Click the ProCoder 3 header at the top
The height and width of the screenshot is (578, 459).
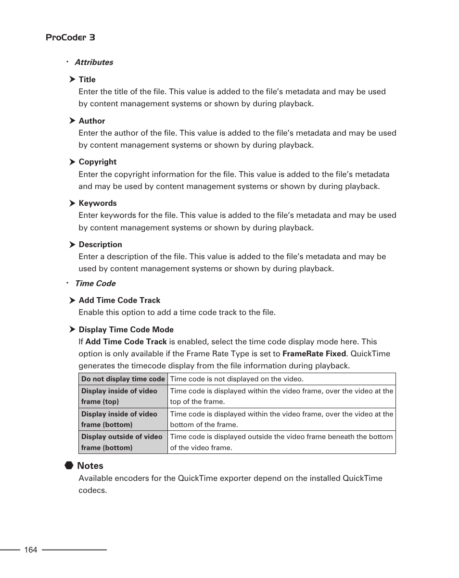(x=70, y=38)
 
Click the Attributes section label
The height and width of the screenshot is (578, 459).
(x=94, y=62)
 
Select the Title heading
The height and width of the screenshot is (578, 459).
(x=87, y=79)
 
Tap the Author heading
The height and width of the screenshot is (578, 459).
(x=91, y=121)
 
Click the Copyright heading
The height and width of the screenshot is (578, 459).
(x=97, y=162)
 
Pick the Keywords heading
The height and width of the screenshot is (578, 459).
(x=97, y=203)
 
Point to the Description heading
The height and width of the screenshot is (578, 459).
(x=100, y=244)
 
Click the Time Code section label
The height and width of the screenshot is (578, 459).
(x=95, y=283)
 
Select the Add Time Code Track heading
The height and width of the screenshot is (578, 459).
(x=119, y=300)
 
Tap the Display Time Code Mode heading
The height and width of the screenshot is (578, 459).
(x=126, y=329)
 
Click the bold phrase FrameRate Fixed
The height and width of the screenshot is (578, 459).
(x=314, y=353)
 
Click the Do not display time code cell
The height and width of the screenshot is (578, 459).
(x=123, y=379)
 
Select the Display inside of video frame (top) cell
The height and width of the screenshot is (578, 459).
(x=123, y=396)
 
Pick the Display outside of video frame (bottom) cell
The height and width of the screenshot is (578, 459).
(x=123, y=442)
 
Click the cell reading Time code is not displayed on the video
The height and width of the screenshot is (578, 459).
(x=237, y=379)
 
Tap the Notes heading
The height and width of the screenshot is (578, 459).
(x=90, y=465)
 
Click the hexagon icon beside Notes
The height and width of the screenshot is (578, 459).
(x=69, y=465)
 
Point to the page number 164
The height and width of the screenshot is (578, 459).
(x=30, y=550)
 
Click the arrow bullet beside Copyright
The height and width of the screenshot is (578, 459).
(x=72, y=162)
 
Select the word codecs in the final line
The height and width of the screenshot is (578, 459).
(x=91, y=490)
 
